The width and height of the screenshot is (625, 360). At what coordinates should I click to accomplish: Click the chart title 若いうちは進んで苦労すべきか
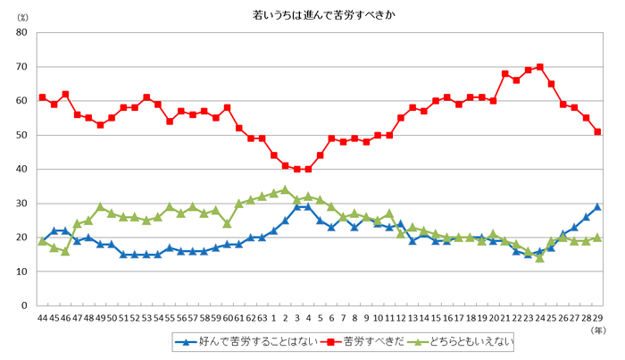click(312, 15)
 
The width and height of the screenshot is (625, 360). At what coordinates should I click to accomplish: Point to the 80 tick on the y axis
click(21, 33)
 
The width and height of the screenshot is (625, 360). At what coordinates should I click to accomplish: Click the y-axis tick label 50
click(21, 135)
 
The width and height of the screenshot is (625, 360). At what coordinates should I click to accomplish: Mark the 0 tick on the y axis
click(24, 306)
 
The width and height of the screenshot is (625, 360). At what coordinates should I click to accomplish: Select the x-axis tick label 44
click(42, 317)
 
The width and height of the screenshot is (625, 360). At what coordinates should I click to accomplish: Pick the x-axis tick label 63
click(262, 317)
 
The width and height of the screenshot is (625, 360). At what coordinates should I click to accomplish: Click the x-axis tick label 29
click(596, 317)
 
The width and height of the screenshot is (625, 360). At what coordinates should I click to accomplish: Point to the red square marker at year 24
click(539, 67)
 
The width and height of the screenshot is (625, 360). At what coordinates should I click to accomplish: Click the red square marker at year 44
click(42, 97)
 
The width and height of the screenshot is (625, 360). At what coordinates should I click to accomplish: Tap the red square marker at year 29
click(597, 131)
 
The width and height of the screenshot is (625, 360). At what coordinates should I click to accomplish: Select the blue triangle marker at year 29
click(597, 206)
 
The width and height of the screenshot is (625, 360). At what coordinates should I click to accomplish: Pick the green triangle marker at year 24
click(539, 257)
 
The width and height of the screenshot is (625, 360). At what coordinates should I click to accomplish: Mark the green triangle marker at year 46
click(65, 251)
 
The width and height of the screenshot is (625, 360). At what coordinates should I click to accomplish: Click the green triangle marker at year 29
click(597, 238)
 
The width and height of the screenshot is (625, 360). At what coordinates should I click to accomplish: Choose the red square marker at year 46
click(65, 94)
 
